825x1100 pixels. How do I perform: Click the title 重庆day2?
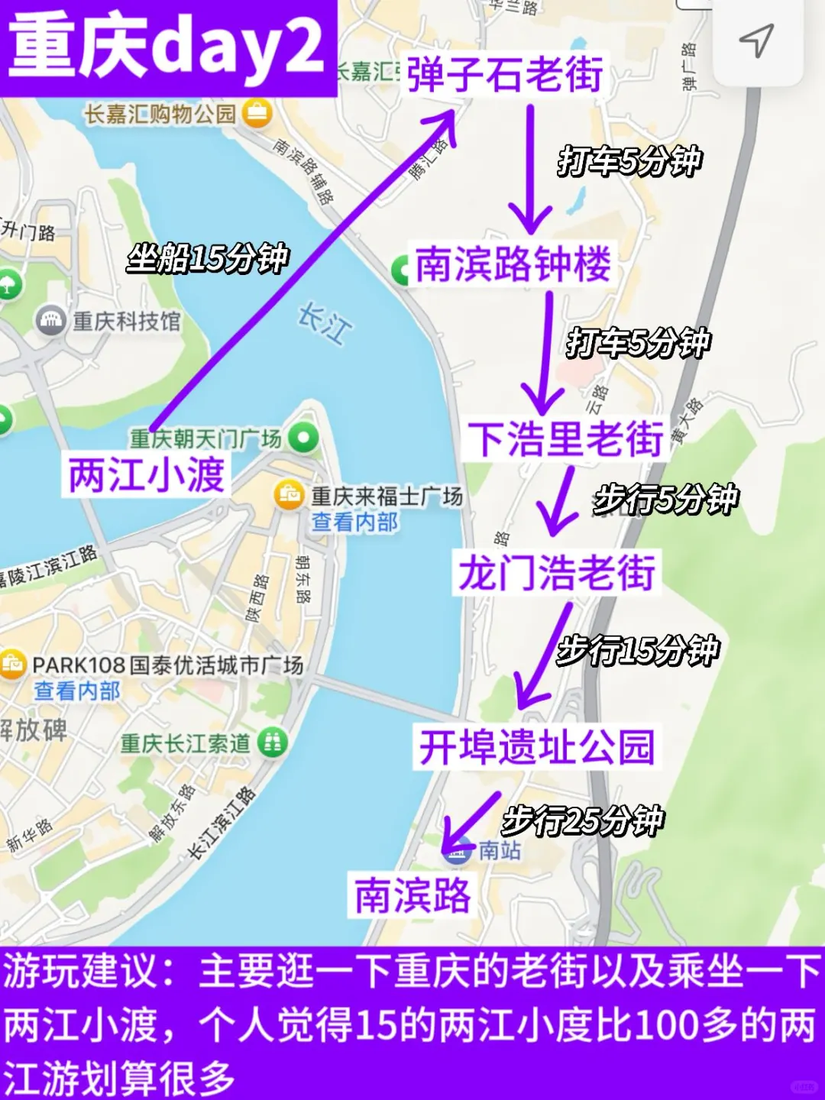167,47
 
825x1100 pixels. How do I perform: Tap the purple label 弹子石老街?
505,74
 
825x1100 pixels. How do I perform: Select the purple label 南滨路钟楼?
513,264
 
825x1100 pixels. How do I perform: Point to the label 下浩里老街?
565,438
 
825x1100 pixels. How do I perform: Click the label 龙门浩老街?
556,572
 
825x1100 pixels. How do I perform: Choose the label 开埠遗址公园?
536,746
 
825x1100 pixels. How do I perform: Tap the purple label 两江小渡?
147,474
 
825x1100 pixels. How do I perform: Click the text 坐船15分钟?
208,258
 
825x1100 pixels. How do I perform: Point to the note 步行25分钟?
583,821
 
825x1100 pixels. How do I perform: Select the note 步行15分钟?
638,651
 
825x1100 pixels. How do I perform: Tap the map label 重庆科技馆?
127,321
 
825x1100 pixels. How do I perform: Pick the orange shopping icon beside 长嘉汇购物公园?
257,114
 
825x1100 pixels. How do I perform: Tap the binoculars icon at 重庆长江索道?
273,742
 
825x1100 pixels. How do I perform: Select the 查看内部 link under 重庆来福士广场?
354,522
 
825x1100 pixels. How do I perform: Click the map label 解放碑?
34,730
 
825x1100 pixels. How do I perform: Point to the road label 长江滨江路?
222,822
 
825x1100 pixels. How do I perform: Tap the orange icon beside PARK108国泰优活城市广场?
12,664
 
